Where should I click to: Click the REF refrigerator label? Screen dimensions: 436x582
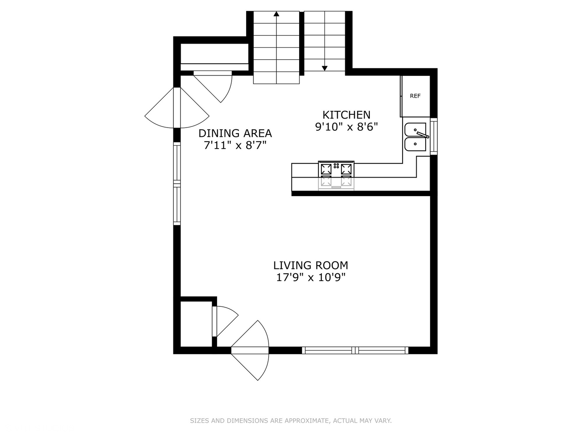415,96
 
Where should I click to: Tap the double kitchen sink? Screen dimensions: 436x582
416,137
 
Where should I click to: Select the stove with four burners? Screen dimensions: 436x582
336,174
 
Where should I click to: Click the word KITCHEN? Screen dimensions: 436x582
346,115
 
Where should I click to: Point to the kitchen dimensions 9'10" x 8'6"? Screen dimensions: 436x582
346,127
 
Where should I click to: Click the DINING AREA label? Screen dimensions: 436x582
235,133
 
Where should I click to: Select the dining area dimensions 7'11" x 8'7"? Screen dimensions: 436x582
235,145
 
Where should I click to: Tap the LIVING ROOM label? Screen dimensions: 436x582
310,265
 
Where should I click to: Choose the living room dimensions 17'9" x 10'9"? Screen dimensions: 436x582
310,278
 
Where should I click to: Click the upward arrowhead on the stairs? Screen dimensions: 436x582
276,14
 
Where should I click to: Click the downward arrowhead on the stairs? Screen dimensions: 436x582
325,68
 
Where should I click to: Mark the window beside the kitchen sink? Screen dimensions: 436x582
434,136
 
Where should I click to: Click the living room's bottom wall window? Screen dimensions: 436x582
355,350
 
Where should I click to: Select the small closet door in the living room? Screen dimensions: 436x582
224,321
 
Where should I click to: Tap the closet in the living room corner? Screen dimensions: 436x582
196,324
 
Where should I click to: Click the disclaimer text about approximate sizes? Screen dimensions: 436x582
291,421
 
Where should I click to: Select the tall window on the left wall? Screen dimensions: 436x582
177,184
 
